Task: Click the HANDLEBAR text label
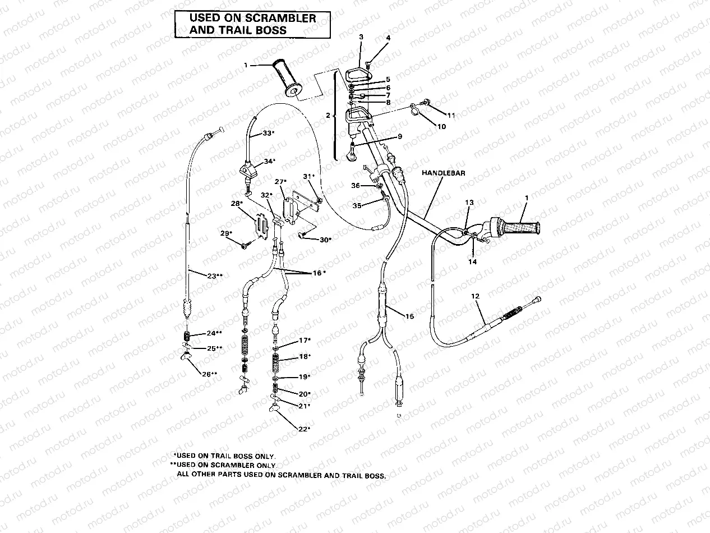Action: pyautogui.click(x=444, y=174)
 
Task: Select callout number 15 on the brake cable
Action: pyautogui.click(x=409, y=317)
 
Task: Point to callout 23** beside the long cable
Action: pyautogui.click(x=214, y=276)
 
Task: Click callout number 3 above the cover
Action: pyautogui.click(x=361, y=37)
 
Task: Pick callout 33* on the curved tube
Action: pyautogui.click(x=269, y=134)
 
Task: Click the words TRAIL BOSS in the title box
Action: pyautogui.click(x=238, y=30)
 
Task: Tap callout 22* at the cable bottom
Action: pyautogui.click(x=304, y=429)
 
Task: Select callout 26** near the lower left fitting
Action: pyautogui.click(x=210, y=374)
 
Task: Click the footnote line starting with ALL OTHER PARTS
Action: pyautogui.click(x=282, y=475)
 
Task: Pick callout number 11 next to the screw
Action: pyautogui.click(x=451, y=115)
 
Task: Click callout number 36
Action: pyautogui.click(x=356, y=186)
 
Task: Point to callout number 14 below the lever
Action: pyautogui.click(x=472, y=261)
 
